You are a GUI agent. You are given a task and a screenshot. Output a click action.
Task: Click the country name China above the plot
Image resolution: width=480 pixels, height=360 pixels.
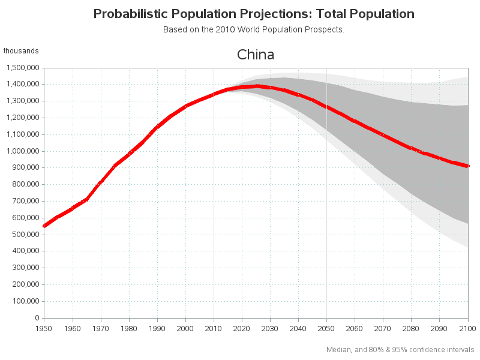[x=256, y=55]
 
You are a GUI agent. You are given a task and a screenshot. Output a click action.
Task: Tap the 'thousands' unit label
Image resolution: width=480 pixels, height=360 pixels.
[x=21, y=51]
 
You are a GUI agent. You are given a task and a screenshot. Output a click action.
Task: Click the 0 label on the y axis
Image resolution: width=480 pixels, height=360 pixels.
[x=37, y=318]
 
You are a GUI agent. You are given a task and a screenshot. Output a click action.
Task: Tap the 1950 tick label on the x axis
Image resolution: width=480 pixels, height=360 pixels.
[x=44, y=328]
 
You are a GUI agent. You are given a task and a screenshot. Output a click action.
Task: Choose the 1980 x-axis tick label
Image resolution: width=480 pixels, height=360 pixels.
[x=128, y=328]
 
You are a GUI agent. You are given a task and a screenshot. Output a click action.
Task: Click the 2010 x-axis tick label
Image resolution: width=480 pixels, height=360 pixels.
[x=214, y=328]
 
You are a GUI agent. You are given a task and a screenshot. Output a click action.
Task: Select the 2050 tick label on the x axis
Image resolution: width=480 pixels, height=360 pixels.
[x=326, y=328]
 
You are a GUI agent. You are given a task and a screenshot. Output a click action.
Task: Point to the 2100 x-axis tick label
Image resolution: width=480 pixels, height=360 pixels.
[x=467, y=328]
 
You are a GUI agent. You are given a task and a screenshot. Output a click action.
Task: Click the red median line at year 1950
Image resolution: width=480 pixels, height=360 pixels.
[x=44, y=226]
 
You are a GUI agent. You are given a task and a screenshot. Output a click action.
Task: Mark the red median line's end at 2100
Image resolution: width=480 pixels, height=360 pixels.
[x=467, y=166]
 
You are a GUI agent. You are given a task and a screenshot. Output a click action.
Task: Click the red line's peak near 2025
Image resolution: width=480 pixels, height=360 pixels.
[x=256, y=86]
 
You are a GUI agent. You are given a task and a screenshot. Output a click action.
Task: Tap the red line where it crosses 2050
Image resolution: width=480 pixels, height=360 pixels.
[x=326, y=107]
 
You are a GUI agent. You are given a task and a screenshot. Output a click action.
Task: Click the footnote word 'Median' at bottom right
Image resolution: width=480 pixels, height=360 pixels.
[x=338, y=349]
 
